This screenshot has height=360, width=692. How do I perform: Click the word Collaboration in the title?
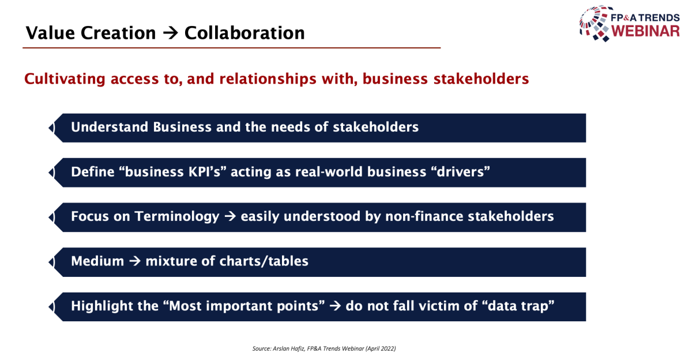coord(245,33)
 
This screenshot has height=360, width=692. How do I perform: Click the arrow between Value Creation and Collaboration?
coord(171,33)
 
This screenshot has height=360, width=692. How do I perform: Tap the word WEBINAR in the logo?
coord(646,31)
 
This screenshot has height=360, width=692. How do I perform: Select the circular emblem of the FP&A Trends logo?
coord(595,23)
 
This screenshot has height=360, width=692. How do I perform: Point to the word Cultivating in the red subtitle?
coord(65,79)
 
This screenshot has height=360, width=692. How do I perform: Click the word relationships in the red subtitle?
coord(268,78)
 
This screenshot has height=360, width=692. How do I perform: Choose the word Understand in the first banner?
coord(110,127)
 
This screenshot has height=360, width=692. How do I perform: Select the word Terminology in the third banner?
coord(176,216)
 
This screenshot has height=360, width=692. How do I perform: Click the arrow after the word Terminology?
coord(230,216)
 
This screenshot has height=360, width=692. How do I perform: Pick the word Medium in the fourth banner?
coord(97,261)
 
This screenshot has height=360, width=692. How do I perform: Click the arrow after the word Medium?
coord(135,261)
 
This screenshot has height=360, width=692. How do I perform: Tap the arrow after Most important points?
coord(335,306)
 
